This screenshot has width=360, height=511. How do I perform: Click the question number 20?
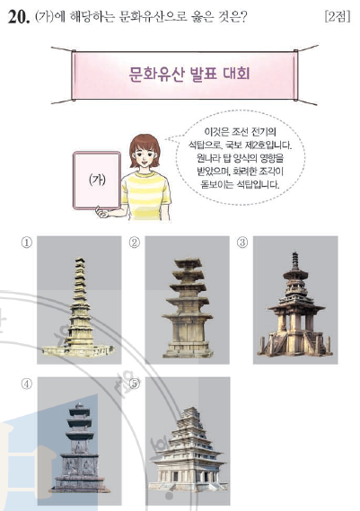18,17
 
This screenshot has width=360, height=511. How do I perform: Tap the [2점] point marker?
338,16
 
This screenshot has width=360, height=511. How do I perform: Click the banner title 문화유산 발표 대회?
189,74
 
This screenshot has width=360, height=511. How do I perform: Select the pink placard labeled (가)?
97,180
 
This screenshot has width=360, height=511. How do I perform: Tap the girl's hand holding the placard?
101,212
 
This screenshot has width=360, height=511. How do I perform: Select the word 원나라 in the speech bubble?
208,158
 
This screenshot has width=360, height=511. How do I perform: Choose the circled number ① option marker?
27,242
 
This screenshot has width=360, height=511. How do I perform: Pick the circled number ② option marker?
135,242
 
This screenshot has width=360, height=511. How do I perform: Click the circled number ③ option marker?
242,242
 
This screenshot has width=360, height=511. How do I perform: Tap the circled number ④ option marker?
27,384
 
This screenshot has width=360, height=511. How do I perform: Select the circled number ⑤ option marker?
135,384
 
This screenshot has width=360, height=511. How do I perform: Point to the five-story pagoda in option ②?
188,307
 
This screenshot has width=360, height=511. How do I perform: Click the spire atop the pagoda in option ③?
295,261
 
